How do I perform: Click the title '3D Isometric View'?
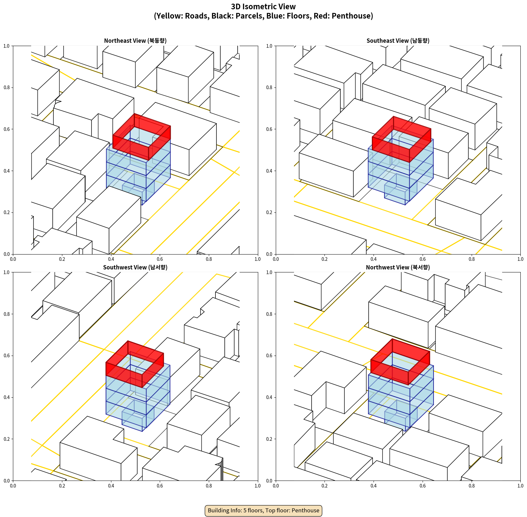263,7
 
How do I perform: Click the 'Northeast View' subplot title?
135,41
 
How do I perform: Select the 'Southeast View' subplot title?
398,41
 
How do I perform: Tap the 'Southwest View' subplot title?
135,267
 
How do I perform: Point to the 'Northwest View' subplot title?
398,267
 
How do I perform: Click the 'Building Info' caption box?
263,510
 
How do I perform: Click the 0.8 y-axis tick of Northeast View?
7,87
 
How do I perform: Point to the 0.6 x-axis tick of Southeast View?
423,259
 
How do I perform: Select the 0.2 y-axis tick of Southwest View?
7,439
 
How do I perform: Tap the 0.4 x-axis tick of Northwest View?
374,486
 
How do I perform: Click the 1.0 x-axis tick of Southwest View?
258,486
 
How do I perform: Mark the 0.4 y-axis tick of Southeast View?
269,171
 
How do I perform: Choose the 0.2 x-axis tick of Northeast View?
62,259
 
